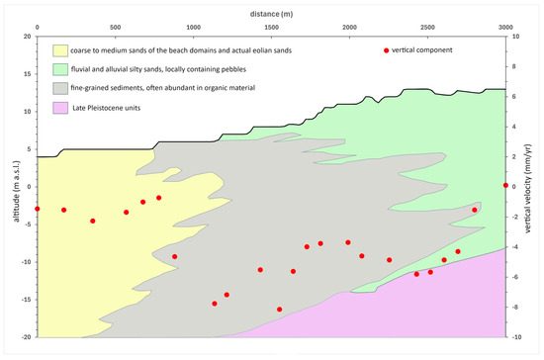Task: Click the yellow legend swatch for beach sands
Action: [x=60, y=50]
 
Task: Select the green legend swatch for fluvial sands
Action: [x=60, y=69]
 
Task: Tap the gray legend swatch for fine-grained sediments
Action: [x=60, y=88]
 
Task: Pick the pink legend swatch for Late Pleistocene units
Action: [x=60, y=108]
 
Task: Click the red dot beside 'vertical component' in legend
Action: [x=386, y=50]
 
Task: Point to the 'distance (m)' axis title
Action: [x=271, y=14]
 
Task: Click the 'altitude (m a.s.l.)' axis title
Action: [x=17, y=191]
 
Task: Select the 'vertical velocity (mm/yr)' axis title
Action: [x=528, y=188]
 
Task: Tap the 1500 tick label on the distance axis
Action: [x=271, y=28]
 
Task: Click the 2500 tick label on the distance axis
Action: [x=427, y=28]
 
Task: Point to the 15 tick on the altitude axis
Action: [x=28, y=74]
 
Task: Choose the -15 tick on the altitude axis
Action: [x=26, y=300]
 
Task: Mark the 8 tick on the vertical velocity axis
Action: [x=513, y=66]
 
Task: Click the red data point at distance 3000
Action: [x=505, y=186]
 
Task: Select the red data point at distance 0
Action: [x=38, y=209]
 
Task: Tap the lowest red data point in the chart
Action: [x=279, y=310]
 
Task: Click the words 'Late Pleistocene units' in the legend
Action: [x=107, y=108]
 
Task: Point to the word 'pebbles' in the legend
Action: [x=234, y=69]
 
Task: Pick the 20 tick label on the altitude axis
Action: [x=28, y=37]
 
